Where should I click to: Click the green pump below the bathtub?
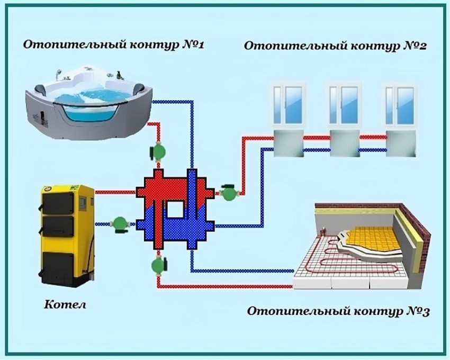[158, 151]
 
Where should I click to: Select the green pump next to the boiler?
[120, 223]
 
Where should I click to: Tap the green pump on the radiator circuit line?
[229, 193]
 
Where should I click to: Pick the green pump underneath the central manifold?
[158, 264]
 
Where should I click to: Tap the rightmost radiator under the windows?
[401, 143]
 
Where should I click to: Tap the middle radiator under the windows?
[345, 143]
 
